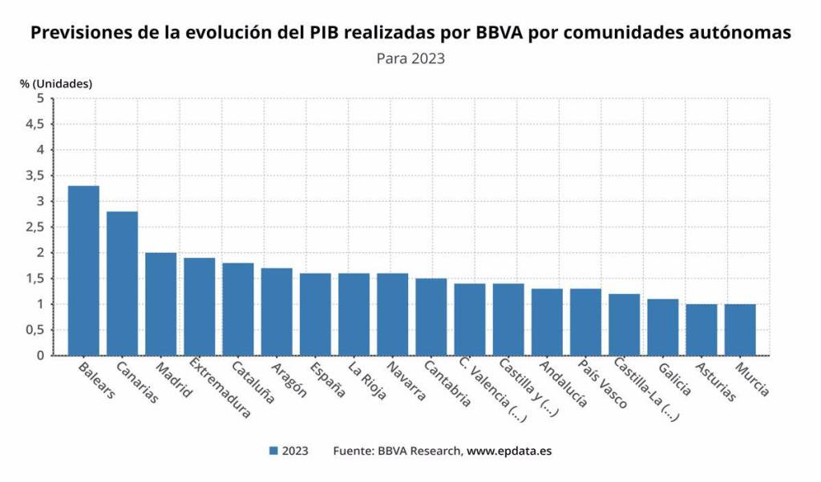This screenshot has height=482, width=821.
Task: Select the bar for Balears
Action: point(83,271)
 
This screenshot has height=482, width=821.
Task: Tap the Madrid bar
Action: point(160,304)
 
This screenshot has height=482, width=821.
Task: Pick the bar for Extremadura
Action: point(200,307)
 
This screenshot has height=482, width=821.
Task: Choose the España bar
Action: point(315,314)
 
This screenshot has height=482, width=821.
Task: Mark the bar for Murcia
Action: point(740,330)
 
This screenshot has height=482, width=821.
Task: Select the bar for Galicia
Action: point(663,327)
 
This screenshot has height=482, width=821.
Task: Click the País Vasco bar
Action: point(585,322)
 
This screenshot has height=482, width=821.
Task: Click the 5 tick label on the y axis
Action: point(40,98)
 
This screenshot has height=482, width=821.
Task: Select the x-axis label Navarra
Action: point(406,380)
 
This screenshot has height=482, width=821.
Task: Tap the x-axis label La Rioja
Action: point(368,381)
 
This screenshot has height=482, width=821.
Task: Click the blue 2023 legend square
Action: point(274,451)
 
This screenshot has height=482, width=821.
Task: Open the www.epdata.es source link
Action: point(509,451)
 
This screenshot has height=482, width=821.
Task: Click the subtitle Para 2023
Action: point(410,58)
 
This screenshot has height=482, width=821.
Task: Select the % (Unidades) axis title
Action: point(56,82)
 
